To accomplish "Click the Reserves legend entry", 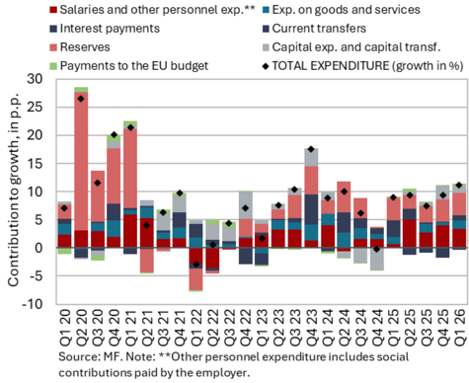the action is tap(80, 47).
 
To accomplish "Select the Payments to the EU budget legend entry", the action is tap(128, 66).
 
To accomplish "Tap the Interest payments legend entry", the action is tap(105, 29).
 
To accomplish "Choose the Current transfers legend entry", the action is tap(314, 29).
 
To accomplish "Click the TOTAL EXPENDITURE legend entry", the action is tap(362, 66).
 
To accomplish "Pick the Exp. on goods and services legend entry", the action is tap(341, 10).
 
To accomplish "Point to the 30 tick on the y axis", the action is tap(35, 79).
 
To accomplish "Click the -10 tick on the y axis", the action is tap(33, 304).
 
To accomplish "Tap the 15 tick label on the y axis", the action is tap(35, 164).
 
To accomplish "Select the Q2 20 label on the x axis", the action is tap(81, 327).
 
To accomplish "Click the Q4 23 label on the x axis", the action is tap(311, 327).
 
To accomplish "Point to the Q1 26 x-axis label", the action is tap(459, 327).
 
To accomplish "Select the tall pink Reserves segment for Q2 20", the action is tap(81, 161).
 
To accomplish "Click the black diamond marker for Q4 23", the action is tap(311, 149).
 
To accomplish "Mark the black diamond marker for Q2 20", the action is tap(81, 99).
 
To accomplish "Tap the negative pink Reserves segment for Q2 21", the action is tap(147, 260).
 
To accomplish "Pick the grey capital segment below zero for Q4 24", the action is tap(377, 259).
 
